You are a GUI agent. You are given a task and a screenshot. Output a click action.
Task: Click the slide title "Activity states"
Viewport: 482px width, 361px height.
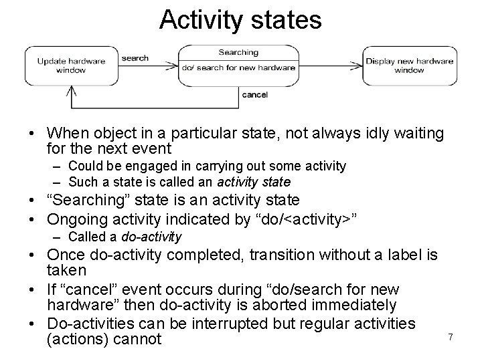click(x=240, y=19)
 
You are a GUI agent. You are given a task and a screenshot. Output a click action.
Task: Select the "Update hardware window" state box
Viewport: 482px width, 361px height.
click(x=71, y=66)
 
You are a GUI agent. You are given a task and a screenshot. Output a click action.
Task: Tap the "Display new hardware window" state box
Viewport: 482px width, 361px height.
click(x=409, y=66)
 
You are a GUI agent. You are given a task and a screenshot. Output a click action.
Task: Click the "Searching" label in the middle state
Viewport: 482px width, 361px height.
click(x=238, y=52)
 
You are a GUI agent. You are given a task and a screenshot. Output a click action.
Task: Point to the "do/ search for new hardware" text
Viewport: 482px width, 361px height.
click(x=238, y=68)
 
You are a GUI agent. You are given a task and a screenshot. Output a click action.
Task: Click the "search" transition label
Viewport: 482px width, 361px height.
click(x=135, y=58)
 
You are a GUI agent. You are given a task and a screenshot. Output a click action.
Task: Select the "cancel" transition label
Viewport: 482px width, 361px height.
click(x=254, y=95)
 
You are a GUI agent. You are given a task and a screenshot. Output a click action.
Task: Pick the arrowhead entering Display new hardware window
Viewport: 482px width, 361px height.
click(x=359, y=66)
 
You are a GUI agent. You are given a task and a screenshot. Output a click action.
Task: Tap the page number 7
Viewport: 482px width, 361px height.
click(x=451, y=338)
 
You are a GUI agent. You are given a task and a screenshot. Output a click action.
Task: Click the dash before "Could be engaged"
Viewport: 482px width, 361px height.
click(x=58, y=166)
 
